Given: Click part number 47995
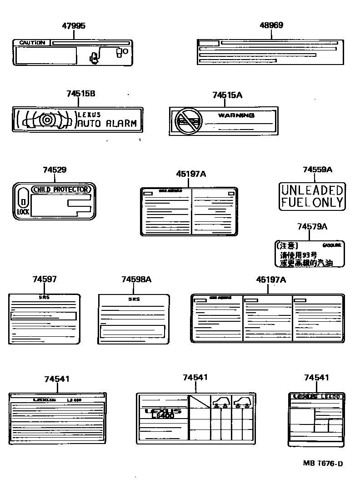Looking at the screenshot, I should point(73,26).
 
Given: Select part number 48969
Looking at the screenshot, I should point(271,25).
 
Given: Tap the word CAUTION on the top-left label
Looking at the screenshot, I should point(32,43).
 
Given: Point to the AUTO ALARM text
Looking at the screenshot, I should point(107,124).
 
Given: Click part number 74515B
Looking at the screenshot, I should point(80,94).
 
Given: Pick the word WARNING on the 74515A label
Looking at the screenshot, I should point(236,115).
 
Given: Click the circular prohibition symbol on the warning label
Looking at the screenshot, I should point(187,121).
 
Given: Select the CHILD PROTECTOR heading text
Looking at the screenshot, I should point(62,189).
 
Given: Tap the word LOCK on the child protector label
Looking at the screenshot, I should point(23,212).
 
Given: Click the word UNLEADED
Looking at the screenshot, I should point(312,190).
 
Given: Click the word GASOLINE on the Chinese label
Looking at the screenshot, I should point(331,245).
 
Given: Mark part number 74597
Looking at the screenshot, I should point(45,279).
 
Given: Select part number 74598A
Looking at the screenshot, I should point(136,279).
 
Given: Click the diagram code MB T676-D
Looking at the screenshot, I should point(323,464).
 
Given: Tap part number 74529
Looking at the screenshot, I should point(55,170).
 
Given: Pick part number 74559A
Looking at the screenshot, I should point(317,170).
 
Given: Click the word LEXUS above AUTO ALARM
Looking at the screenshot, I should point(89,115).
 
